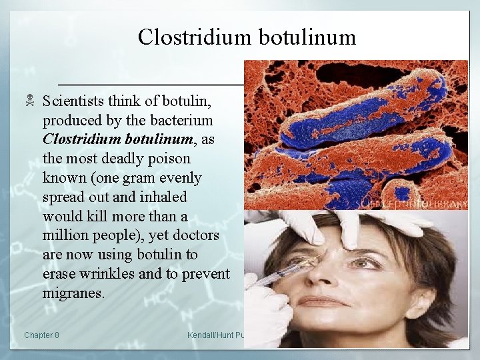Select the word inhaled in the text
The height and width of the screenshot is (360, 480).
coord(165,197)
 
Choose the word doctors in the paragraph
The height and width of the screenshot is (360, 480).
coord(197,236)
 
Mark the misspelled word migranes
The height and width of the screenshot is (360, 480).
coord(73,293)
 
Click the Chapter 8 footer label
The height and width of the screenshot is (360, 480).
coord(41,335)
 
